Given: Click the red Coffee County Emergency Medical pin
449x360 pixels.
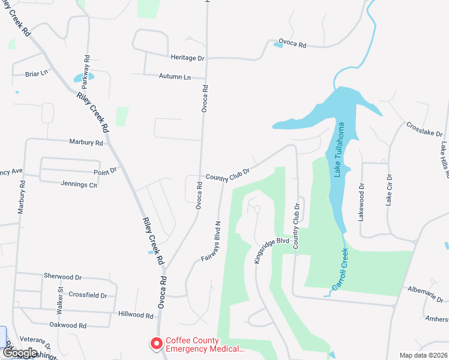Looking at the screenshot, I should point(156,344).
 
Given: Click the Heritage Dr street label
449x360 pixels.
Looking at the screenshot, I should point(187,58).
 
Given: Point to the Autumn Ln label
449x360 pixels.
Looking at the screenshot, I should point(175,77).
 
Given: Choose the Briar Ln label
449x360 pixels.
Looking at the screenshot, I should point(36,74).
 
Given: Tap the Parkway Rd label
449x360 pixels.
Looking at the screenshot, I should point(86,68).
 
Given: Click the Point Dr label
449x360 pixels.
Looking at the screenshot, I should point(105,170).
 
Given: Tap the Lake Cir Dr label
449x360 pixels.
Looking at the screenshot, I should point(389,190).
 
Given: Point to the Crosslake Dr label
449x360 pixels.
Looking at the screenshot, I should point(424,129).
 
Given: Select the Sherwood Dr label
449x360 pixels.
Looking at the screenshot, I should point(62,277).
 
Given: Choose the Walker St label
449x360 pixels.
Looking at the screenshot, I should point(60,297).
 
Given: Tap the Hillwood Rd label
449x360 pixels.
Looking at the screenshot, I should point(136,314).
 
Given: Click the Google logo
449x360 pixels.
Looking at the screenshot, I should point(20,353).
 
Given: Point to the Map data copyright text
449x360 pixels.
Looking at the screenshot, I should point(423,355).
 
